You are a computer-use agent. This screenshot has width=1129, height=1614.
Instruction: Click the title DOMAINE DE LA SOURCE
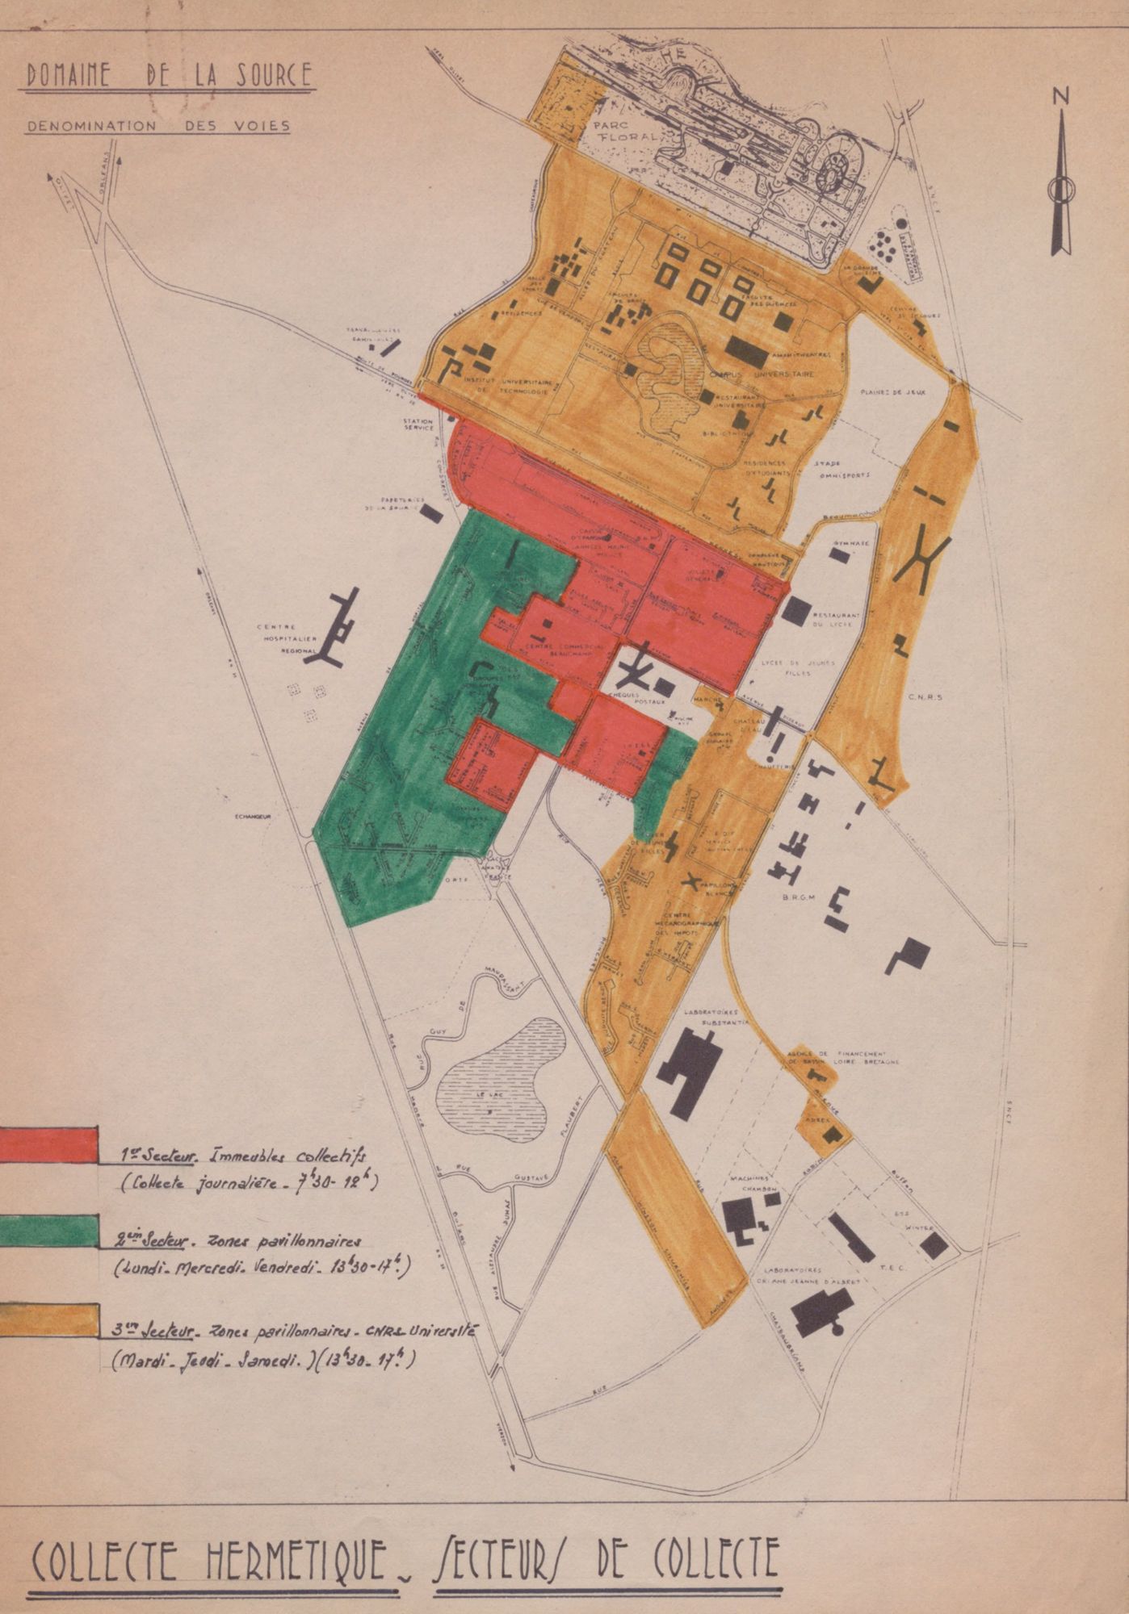point(169,75)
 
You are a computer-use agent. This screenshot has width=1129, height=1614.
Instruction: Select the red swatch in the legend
point(48,1145)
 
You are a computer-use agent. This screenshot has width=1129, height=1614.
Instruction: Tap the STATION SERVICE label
point(419,424)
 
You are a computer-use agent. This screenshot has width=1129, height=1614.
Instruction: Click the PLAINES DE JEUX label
point(892,392)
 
